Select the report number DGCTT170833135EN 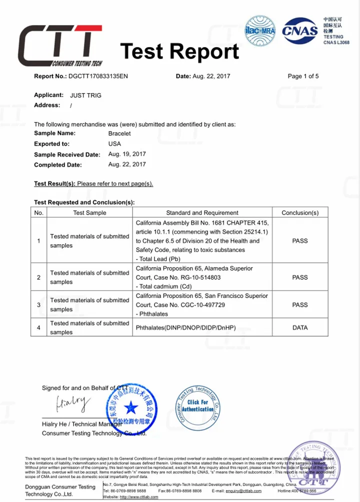[98, 77]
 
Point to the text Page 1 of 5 [303, 77]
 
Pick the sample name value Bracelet [119, 134]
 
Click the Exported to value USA [114, 144]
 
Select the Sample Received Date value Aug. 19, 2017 [127, 154]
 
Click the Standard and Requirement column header [202, 213]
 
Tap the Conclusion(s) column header [300, 213]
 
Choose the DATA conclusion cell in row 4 [300, 328]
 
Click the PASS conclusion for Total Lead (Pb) [300, 241]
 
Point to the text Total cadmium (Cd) [164, 286]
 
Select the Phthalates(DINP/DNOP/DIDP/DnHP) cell [185, 328]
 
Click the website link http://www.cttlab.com [139, 497]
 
